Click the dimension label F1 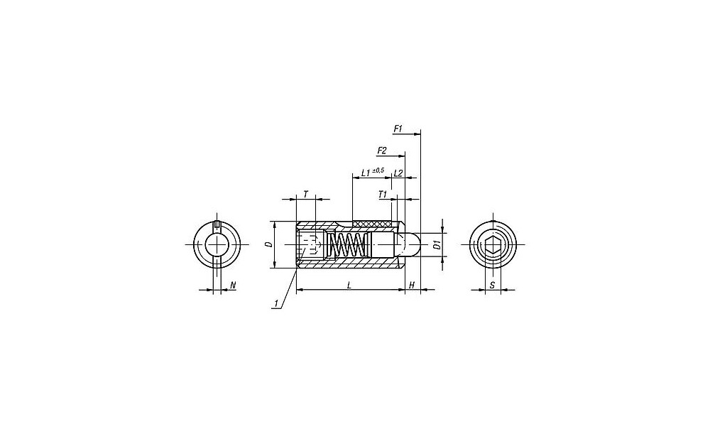(x=398, y=129)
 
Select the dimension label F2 (x=382, y=151)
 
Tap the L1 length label (x=366, y=173)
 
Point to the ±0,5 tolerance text (x=378, y=170)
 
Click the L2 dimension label (x=398, y=173)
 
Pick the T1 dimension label (x=383, y=195)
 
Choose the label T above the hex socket (x=305, y=195)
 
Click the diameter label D (x=268, y=244)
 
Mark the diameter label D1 (x=437, y=246)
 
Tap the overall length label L (x=349, y=285)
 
